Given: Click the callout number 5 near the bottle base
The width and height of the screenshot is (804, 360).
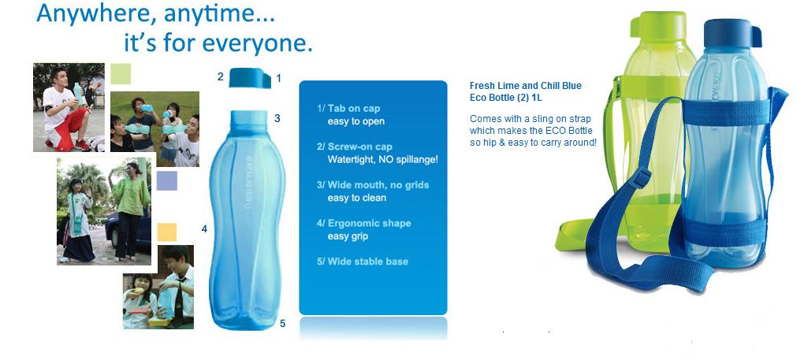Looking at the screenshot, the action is (282, 323).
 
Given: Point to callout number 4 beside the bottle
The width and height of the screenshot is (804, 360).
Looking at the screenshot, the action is (204, 229).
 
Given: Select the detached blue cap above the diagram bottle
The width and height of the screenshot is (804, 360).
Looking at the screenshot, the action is (250, 78).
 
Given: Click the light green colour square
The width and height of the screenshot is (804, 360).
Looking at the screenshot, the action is (121, 73).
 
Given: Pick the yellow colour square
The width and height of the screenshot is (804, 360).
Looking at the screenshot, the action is (166, 232).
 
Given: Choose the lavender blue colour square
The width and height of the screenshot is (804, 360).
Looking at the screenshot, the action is (166, 180).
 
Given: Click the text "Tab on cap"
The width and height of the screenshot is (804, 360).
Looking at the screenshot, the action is (354, 109).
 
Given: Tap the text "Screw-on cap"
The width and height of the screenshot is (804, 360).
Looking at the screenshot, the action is (360, 147).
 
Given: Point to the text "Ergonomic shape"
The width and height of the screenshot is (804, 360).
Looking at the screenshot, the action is (369, 223).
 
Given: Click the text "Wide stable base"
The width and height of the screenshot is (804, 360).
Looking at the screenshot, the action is (367, 262).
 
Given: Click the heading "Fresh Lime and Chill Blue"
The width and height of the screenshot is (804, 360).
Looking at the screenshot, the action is (526, 86).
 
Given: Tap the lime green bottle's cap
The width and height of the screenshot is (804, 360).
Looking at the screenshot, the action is (658, 24).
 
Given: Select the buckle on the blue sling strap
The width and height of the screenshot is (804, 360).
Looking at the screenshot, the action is (641, 178).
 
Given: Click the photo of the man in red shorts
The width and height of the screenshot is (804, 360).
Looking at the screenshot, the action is (69, 107).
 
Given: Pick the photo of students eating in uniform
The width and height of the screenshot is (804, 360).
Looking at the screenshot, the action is (158, 287).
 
